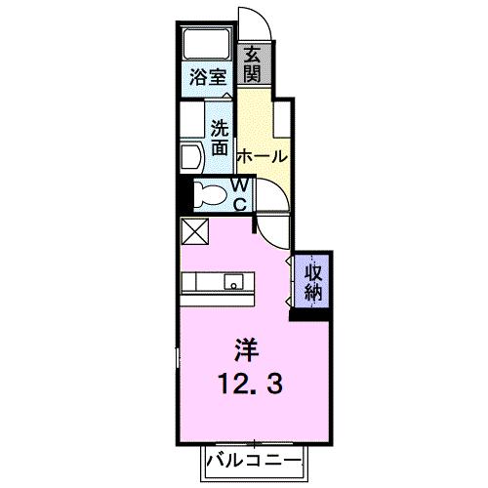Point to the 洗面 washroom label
tap(221, 137)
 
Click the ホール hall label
tap(263, 155)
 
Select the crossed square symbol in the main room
tap(193, 231)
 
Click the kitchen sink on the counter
tap(234, 282)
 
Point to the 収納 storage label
tap(312, 280)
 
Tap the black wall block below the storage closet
tap(311, 313)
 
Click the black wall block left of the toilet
tap(181, 193)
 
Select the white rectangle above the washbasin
tap(190, 120)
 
